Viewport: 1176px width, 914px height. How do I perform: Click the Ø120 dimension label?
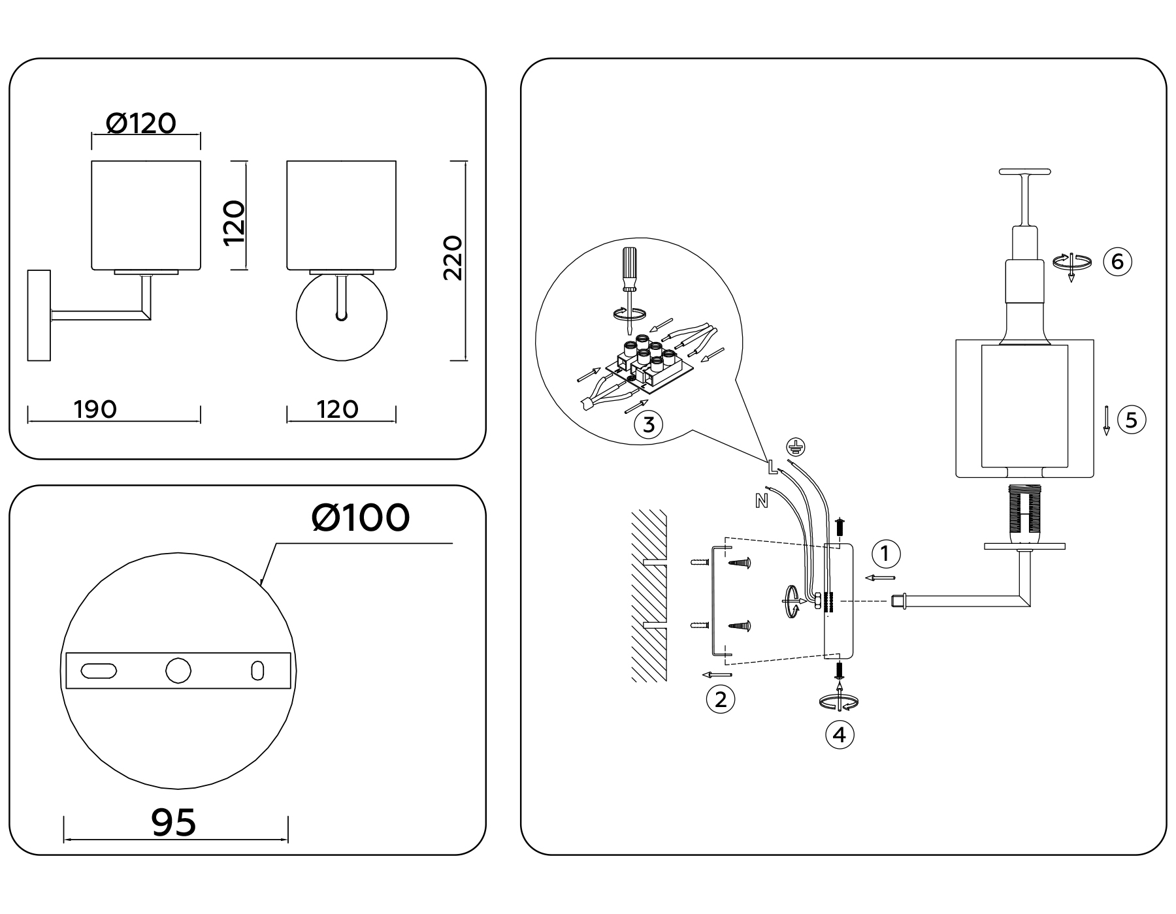click(x=141, y=123)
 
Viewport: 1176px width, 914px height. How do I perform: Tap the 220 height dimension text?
click(x=453, y=258)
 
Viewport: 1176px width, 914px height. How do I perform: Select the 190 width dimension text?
click(x=95, y=409)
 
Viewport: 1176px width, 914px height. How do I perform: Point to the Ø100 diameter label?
click(x=361, y=518)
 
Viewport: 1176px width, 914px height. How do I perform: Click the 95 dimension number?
click(x=174, y=822)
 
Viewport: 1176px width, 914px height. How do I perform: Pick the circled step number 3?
click(x=649, y=425)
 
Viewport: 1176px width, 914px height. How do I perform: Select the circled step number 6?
click(x=1117, y=261)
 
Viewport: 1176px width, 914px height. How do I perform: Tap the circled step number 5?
click(x=1132, y=419)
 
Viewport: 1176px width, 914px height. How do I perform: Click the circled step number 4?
click(x=840, y=735)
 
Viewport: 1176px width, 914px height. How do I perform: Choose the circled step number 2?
click(x=721, y=700)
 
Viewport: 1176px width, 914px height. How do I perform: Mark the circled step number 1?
click(x=886, y=554)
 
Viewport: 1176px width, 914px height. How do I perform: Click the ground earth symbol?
click(x=795, y=447)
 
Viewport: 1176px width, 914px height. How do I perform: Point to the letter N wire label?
click(x=761, y=501)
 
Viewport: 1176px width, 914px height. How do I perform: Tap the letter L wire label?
click(x=772, y=466)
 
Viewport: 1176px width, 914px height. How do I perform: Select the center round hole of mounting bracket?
click(x=178, y=670)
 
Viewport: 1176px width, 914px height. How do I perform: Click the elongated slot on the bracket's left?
click(x=99, y=670)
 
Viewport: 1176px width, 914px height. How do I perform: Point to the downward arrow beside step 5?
click(x=1107, y=420)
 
